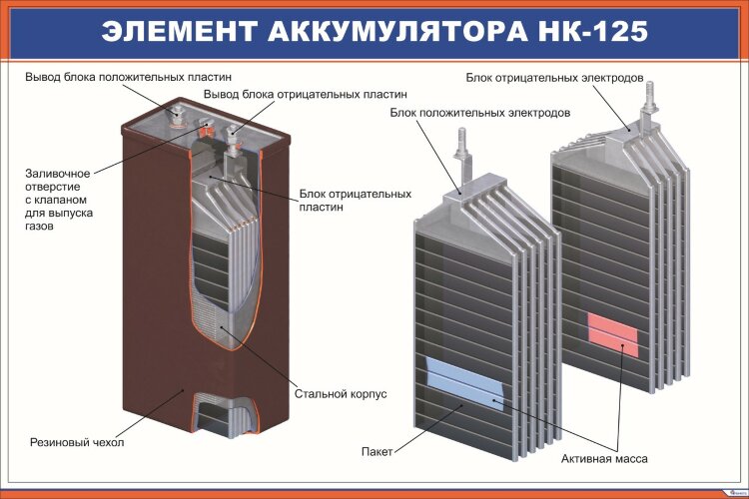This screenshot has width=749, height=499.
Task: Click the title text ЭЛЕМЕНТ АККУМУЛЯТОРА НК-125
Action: [374, 30]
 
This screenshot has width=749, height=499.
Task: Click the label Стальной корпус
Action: [341, 394]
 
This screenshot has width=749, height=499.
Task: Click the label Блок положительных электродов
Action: [480, 114]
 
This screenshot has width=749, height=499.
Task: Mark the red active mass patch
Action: [612, 332]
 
